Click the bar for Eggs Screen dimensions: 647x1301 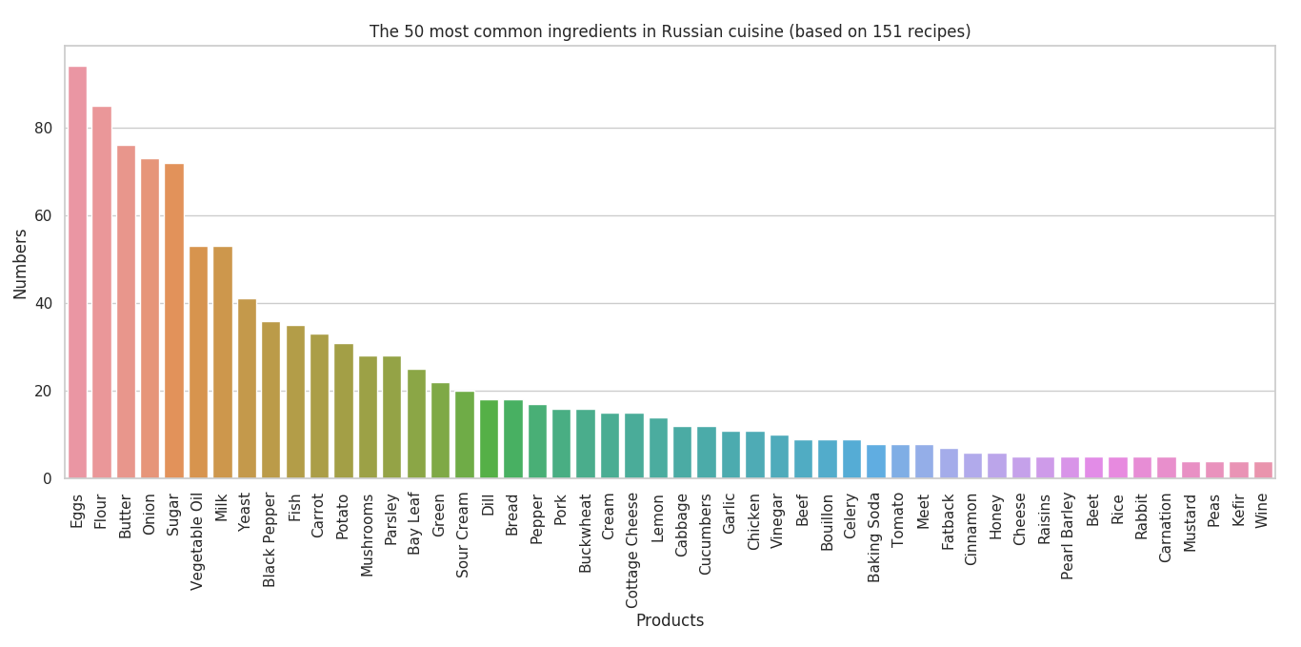click(77, 273)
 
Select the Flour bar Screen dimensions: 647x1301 click(101, 293)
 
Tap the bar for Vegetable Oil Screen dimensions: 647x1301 click(198, 362)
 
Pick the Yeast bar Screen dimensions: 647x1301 click(247, 389)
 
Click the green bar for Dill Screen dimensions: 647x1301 click(489, 439)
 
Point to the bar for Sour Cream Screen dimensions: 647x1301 click(464, 435)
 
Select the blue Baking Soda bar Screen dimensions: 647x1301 click(875, 461)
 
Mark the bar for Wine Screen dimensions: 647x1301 click(1263, 470)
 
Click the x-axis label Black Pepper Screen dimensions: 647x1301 click(270, 539)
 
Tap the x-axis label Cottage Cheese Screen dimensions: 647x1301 click(633, 550)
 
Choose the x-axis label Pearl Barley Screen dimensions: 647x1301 click(1069, 536)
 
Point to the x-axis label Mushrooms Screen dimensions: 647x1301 click(368, 535)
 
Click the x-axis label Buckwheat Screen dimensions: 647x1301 click(586, 532)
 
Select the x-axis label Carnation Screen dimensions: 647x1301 click(1166, 527)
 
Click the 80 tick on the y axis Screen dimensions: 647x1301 click(46, 129)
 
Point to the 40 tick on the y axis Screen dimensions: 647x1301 click(46, 304)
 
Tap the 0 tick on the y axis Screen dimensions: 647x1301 click(49, 479)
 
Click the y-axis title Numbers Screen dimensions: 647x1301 click(21, 263)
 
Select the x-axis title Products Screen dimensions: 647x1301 click(670, 620)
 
